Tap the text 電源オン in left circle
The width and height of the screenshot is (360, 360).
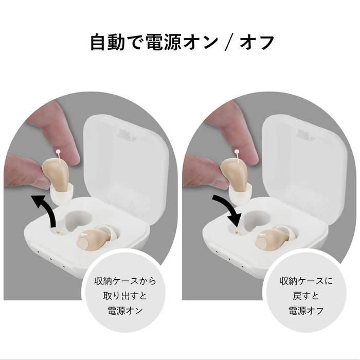[x=126, y=311]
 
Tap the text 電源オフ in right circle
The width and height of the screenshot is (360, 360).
[x=306, y=311]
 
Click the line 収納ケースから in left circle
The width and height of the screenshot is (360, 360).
[x=126, y=282]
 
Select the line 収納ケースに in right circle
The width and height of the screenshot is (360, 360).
[x=306, y=282]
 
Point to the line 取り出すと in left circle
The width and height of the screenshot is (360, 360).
[x=126, y=296]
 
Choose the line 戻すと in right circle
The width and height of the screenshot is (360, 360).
[x=306, y=296]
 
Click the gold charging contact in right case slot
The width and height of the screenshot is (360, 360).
[x=236, y=232]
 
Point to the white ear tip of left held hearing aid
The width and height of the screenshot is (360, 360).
[x=62, y=195]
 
